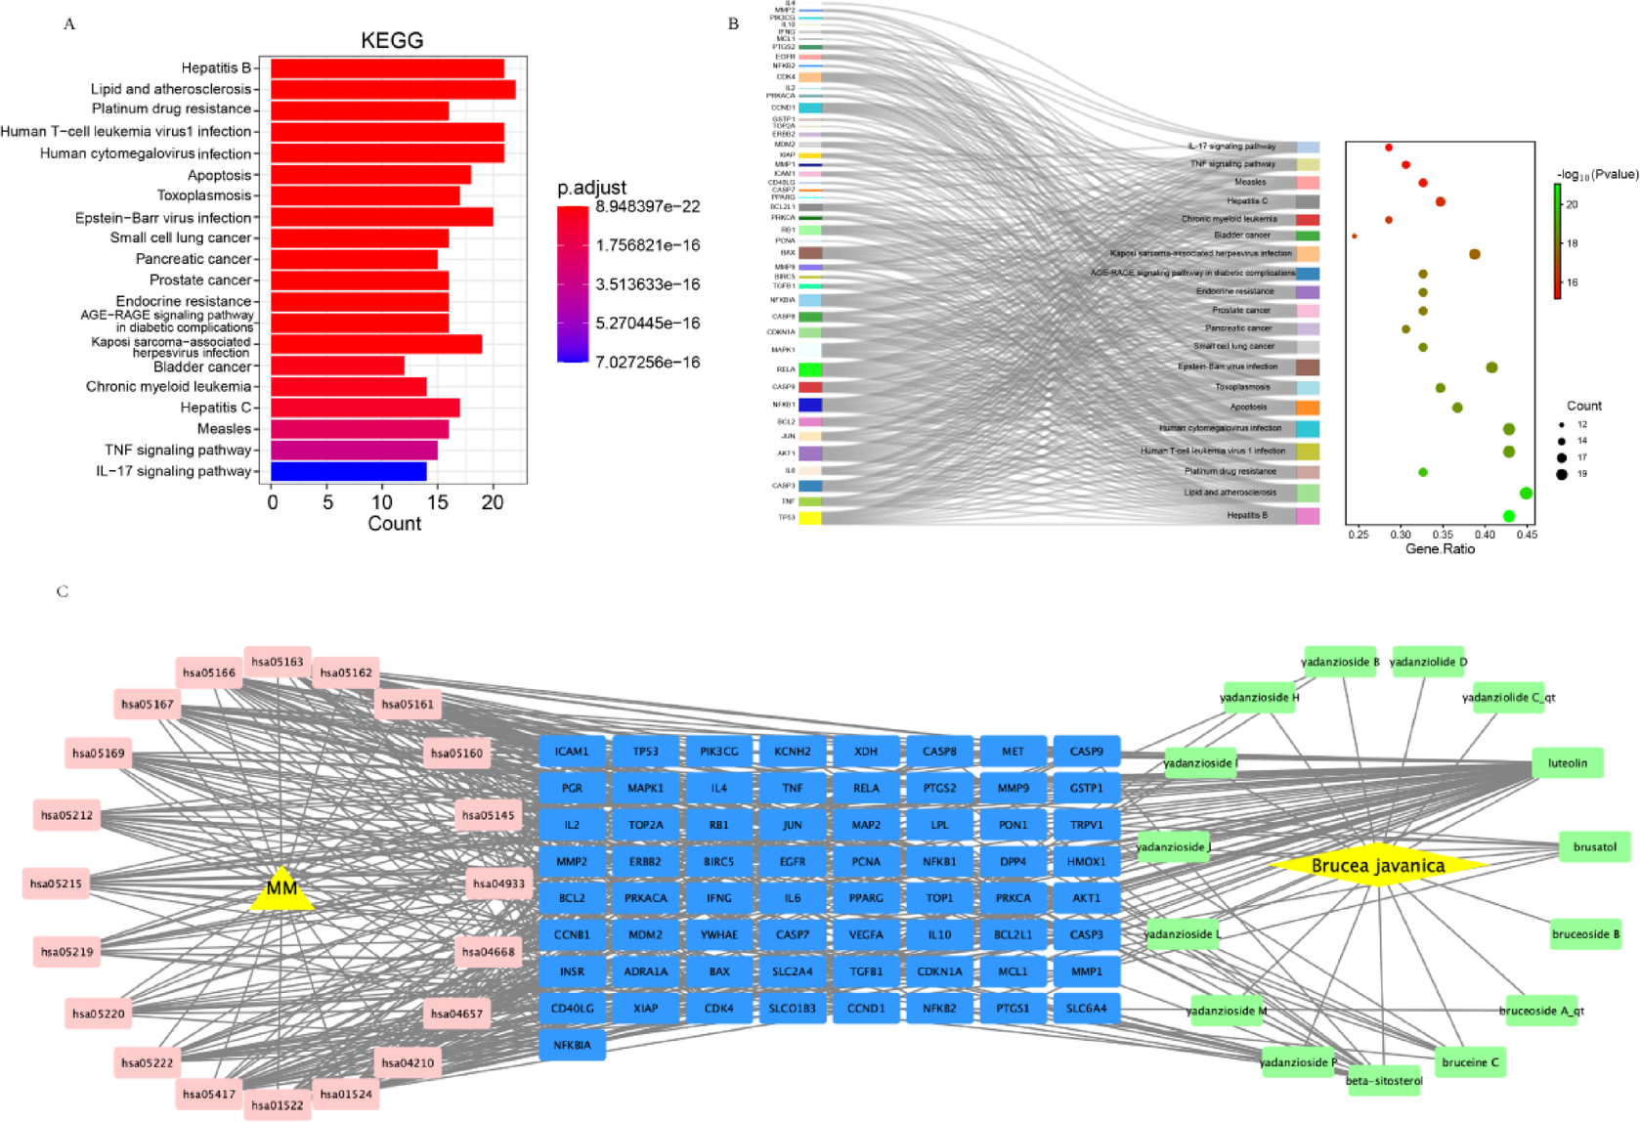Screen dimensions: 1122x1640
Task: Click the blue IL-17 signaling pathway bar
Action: [x=349, y=471]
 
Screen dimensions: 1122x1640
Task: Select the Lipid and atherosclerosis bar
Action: [x=393, y=89]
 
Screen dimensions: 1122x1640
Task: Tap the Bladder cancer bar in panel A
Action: [x=337, y=366]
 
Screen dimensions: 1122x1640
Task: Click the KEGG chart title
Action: [x=392, y=41]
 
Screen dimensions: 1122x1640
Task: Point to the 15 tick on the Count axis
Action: [x=438, y=502]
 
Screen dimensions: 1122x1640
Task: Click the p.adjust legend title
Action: [x=591, y=188]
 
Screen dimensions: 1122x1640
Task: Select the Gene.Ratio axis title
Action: [x=1440, y=549]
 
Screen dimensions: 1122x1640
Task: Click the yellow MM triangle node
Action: [x=281, y=889]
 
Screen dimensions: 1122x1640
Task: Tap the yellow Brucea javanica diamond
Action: [x=1377, y=865]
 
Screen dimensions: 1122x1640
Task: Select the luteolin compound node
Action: [x=1568, y=763]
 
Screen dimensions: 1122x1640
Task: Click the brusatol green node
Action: [x=1594, y=847]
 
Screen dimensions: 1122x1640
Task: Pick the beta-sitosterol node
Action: [x=1384, y=1080]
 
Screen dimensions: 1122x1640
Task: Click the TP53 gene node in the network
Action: [x=645, y=752]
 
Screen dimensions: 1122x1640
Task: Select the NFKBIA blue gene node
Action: [x=572, y=1045]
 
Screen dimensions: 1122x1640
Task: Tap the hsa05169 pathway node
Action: [x=99, y=754]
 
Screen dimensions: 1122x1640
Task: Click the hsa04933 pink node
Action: [x=498, y=884]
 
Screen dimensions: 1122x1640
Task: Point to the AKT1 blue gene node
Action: [x=1086, y=898]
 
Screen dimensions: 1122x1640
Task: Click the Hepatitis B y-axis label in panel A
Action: [x=216, y=67]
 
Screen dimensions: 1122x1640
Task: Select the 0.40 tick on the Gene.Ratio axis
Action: [x=1485, y=535]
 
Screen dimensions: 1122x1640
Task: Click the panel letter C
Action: [x=63, y=591]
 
